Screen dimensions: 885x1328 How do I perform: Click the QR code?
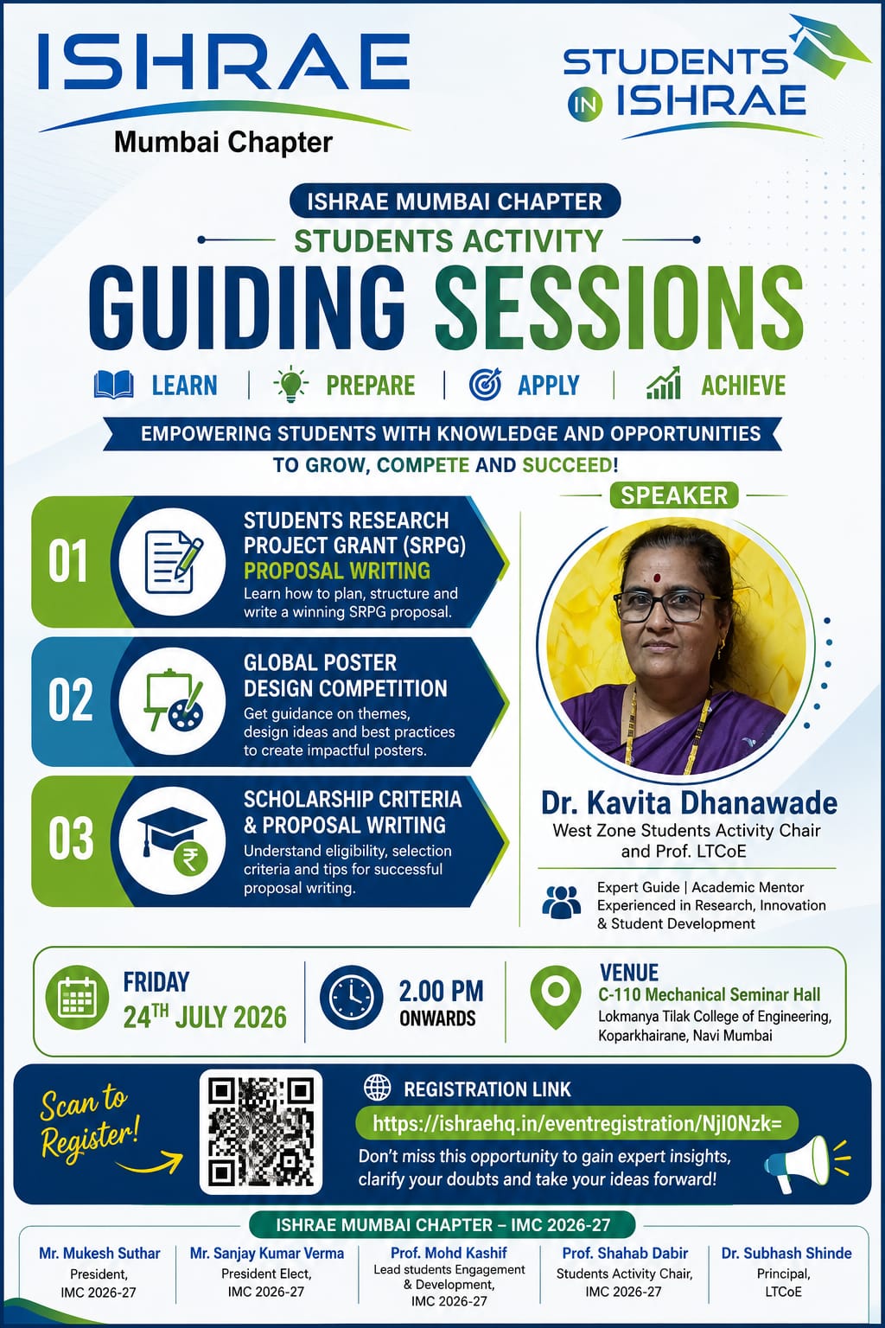point(261,1132)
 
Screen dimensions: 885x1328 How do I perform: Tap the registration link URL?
point(576,1123)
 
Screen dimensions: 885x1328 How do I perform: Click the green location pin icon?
point(556,997)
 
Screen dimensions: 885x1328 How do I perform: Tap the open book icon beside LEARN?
point(114,385)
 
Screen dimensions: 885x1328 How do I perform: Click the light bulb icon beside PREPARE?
point(290,384)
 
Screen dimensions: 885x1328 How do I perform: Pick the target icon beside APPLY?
point(485,384)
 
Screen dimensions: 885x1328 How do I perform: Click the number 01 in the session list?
point(68,561)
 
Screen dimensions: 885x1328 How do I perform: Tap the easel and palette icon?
point(174,701)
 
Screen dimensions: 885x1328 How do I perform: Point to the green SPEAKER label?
point(674,495)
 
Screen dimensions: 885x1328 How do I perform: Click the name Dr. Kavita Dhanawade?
point(689,802)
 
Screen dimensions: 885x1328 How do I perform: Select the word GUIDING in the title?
point(246,309)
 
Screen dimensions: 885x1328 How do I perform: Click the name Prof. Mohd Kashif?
point(449,1253)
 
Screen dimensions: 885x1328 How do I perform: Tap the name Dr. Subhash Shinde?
point(786,1254)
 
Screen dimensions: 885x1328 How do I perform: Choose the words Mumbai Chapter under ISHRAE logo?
point(224,143)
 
